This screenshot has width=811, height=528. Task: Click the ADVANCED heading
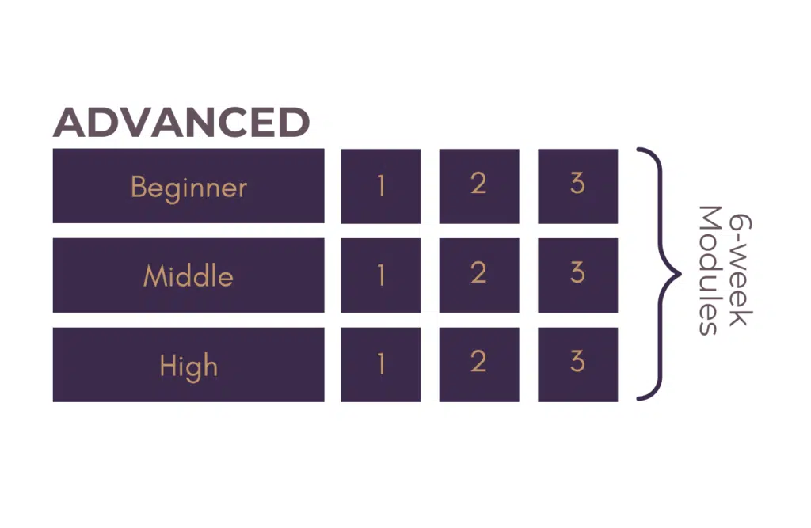pyautogui.click(x=181, y=122)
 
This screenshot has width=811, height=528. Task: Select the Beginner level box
pyautogui.click(x=188, y=186)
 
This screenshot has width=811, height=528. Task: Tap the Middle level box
pyautogui.click(x=188, y=275)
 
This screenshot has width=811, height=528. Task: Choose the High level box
pyautogui.click(x=188, y=365)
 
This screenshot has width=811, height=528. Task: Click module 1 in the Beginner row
pyautogui.click(x=381, y=186)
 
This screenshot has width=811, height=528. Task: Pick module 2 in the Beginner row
pyautogui.click(x=479, y=186)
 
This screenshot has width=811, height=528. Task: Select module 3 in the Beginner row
pyautogui.click(x=577, y=186)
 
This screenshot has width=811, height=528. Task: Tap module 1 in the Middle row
pyautogui.click(x=381, y=275)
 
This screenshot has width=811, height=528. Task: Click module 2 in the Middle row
pyautogui.click(x=479, y=275)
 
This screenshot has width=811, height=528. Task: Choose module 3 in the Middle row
pyautogui.click(x=577, y=275)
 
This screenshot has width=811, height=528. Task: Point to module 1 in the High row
pyautogui.click(x=381, y=365)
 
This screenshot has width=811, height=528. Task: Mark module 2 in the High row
pyautogui.click(x=479, y=365)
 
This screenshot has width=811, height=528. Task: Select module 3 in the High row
pyautogui.click(x=577, y=365)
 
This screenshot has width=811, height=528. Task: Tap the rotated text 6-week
pyautogui.click(x=741, y=270)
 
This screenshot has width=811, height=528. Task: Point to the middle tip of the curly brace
pyautogui.click(x=680, y=274)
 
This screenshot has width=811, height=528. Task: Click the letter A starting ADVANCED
pyautogui.click(x=70, y=122)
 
